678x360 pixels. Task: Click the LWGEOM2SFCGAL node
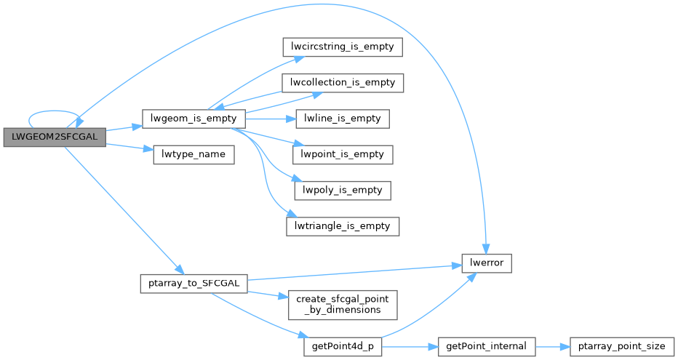(55, 137)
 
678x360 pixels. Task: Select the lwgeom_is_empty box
(192, 119)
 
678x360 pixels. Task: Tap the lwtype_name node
(193, 155)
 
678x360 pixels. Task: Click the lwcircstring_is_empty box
(342, 47)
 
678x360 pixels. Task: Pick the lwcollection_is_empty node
(342, 82)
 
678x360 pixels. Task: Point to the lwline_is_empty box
(342, 119)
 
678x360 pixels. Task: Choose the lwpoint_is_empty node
(342, 154)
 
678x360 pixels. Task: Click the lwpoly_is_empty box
(342, 191)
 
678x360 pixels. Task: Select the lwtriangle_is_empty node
(342, 226)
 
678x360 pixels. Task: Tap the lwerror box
(487, 263)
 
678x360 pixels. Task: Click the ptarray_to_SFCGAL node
(193, 283)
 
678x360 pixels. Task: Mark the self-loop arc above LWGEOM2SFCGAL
(53, 113)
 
